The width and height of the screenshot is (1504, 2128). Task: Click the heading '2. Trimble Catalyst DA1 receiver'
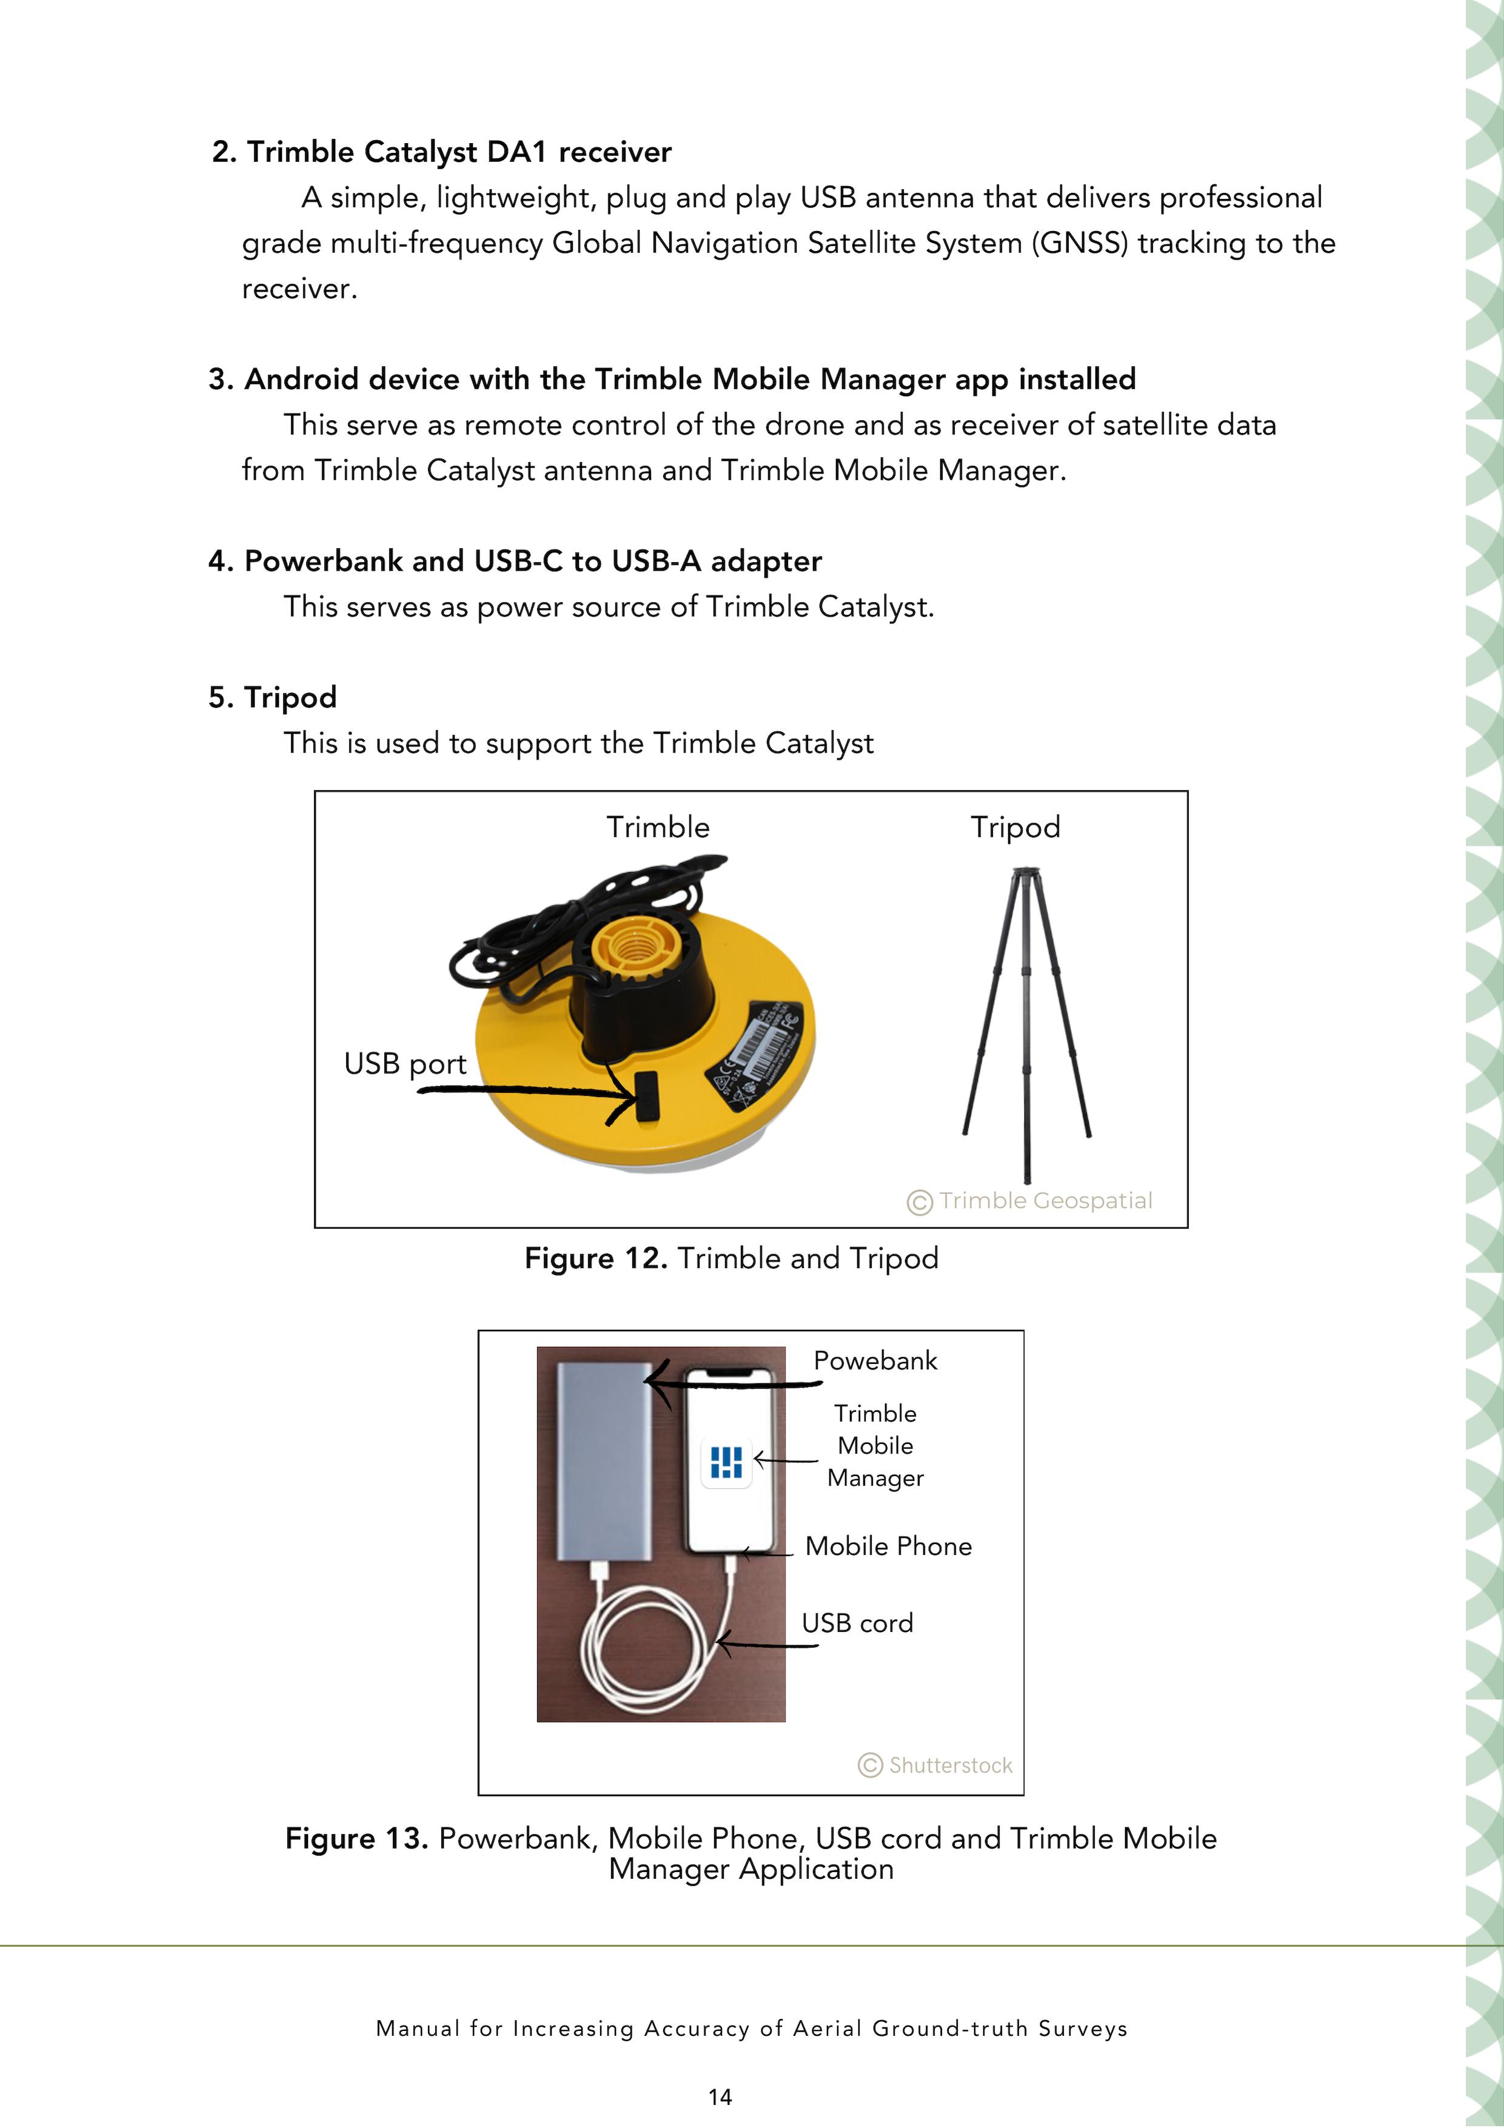(x=441, y=152)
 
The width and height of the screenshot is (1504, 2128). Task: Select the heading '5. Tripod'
(x=272, y=697)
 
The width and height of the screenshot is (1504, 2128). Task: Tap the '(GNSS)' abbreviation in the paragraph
(x=1080, y=243)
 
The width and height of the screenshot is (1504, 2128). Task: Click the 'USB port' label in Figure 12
(x=405, y=1063)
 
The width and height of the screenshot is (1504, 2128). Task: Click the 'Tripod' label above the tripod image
(x=1015, y=827)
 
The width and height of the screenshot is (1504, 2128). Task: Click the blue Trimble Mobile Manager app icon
(x=726, y=1462)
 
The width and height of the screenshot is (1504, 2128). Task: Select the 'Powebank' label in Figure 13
(x=875, y=1361)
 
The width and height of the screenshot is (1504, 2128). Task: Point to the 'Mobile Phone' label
(x=887, y=1546)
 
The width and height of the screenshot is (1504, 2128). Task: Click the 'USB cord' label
(x=857, y=1623)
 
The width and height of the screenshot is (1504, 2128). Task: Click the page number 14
(x=720, y=2096)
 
